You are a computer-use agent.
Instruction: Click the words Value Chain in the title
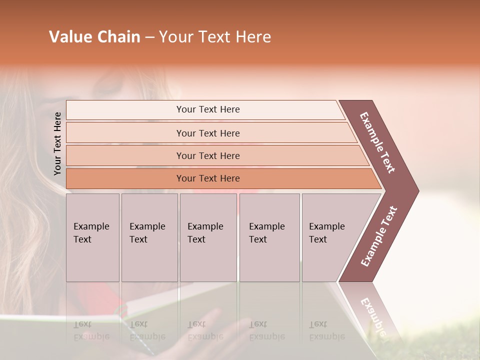pos(94,37)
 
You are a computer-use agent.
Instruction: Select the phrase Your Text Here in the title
pos(215,37)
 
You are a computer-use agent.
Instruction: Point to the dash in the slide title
pos(149,37)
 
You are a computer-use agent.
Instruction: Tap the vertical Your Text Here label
pos(57,144)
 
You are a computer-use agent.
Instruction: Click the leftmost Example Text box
pos(92,237)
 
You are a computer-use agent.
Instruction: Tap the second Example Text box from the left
pos(149,237)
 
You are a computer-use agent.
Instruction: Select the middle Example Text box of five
pos(208,237)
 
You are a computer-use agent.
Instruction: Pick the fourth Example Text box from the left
pos(269,237)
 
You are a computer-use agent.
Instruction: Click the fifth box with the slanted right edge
pos(332,237)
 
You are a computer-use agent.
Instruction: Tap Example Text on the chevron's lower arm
pos(379,236)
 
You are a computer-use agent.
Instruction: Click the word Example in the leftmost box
pos(91,226)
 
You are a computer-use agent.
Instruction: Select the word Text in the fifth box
pos(317,239)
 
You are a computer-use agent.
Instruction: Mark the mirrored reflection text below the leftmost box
pos(91,330)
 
